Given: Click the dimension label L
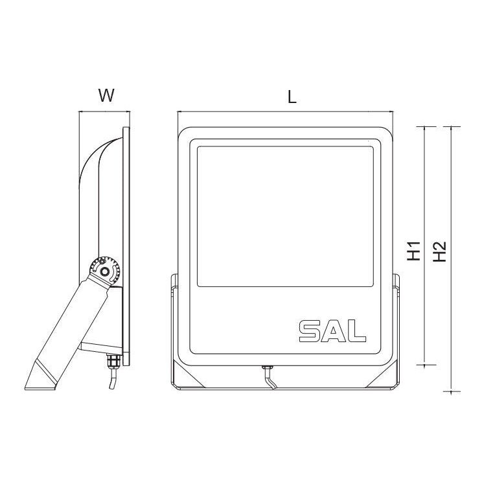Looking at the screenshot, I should pyautogui.click(x=292, y=97).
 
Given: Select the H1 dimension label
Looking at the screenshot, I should pyautogui.click(x=415, y=251).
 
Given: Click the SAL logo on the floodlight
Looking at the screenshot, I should pyautogui.click(x=332, y=330).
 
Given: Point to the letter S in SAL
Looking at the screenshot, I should pyautogui.click(x=310, y=330).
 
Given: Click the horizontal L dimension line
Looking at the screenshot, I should pyautogui.click(x=285, y=112).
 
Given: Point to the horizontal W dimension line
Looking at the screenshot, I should pyautogui.click(x=104, y=112).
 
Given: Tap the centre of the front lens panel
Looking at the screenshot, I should pyautogui.click(x=286, y=216).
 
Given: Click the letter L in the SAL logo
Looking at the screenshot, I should pyautogui.click(x=358, y=330).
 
